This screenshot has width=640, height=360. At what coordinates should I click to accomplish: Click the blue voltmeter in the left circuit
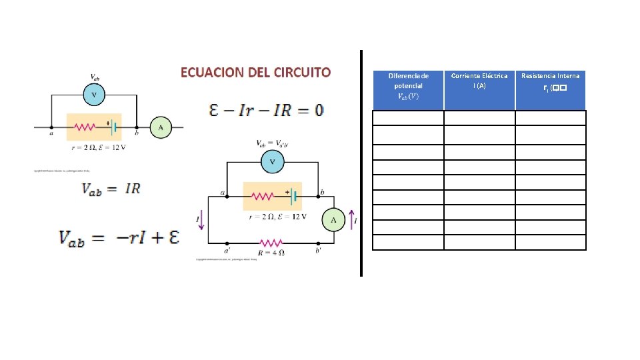click(94, 95)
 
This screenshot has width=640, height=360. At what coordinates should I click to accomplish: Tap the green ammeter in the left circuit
click(161, 127)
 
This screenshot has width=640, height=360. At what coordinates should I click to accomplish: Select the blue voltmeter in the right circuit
click(272, 161)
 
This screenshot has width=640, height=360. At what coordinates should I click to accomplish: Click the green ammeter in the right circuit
click(334, 219)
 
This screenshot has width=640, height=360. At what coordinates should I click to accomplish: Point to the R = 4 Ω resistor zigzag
click(272, 243)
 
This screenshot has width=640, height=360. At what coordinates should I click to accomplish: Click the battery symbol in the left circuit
click(113, 127)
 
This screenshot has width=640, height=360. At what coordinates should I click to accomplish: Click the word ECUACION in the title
click(211, 72)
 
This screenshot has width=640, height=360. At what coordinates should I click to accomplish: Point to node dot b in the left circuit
click(137, 127)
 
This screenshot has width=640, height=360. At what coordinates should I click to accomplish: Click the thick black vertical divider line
click(361, 163)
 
